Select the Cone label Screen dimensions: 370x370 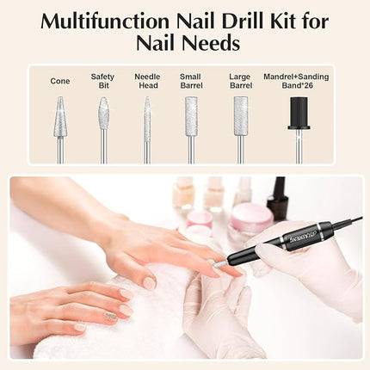(60, 81)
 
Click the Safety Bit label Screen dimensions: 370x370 (102, 81)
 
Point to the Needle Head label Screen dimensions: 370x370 (147, 81)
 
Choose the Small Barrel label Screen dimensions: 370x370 (191, 81)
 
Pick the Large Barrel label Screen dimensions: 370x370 (240, 81)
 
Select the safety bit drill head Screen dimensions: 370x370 (103, 114)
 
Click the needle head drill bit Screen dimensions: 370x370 (147, 116)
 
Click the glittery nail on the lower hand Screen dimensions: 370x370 (110, 317)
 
